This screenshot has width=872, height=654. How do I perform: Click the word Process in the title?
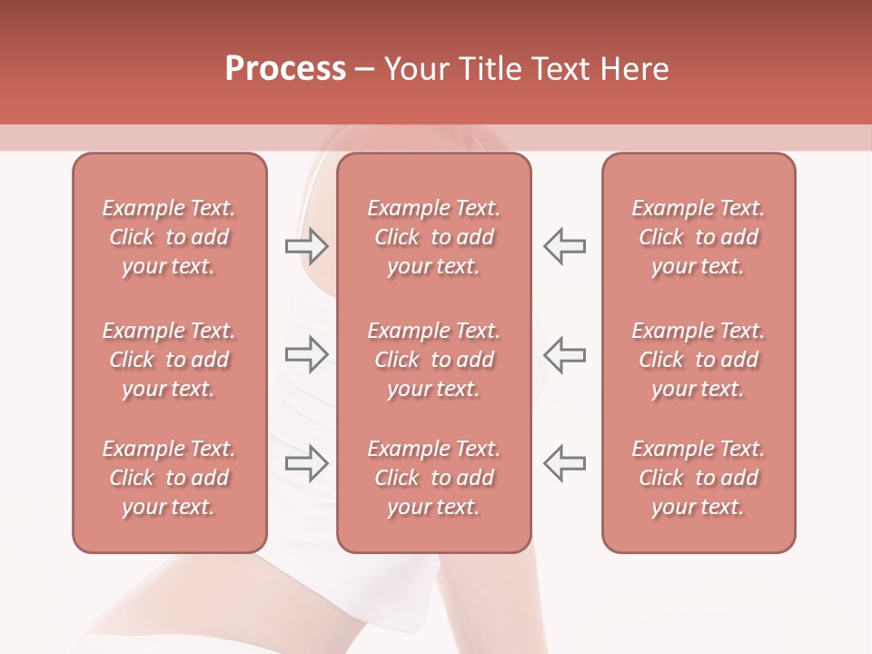pyautogui.click(x=285, y=69)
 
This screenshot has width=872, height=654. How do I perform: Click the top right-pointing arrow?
pyautogui.click(x=306, y=246)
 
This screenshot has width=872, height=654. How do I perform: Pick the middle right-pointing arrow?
pyautogui.click(x=306, y=354)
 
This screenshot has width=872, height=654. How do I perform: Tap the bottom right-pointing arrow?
pyautogui.click(x=306, y=463)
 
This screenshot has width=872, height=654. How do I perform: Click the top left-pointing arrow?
pyautogui.click(x=564, y=246)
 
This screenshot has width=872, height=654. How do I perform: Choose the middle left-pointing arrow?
pyautogui.click(x=564, y=354)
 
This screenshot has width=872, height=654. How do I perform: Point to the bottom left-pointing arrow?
pyautogui.click(x=564, y=463)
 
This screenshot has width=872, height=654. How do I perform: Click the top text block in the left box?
pyautogui.click(x=169, y=237)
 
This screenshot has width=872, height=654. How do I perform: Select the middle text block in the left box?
pyautogui.click(x=169, y=360)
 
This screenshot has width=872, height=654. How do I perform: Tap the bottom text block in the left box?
pyautogui.click(x=169, y=478)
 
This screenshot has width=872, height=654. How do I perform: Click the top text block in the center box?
pyautogui.click(x=433, y=237)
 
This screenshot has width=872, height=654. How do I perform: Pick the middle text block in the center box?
pyautogui.click(x=433, y=360)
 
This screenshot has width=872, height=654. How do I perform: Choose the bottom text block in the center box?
pyautogui.click(x=433, y=478)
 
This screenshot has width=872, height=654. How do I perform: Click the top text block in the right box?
pyautogui.click(x=698, y=237)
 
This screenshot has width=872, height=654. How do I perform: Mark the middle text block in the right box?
pyautogui.click(x=698, y=360)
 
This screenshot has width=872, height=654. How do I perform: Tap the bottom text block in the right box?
pyautogui.click(x=698, y=478)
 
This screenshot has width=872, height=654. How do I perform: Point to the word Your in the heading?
pyautogui.click(x=413, y=69)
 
